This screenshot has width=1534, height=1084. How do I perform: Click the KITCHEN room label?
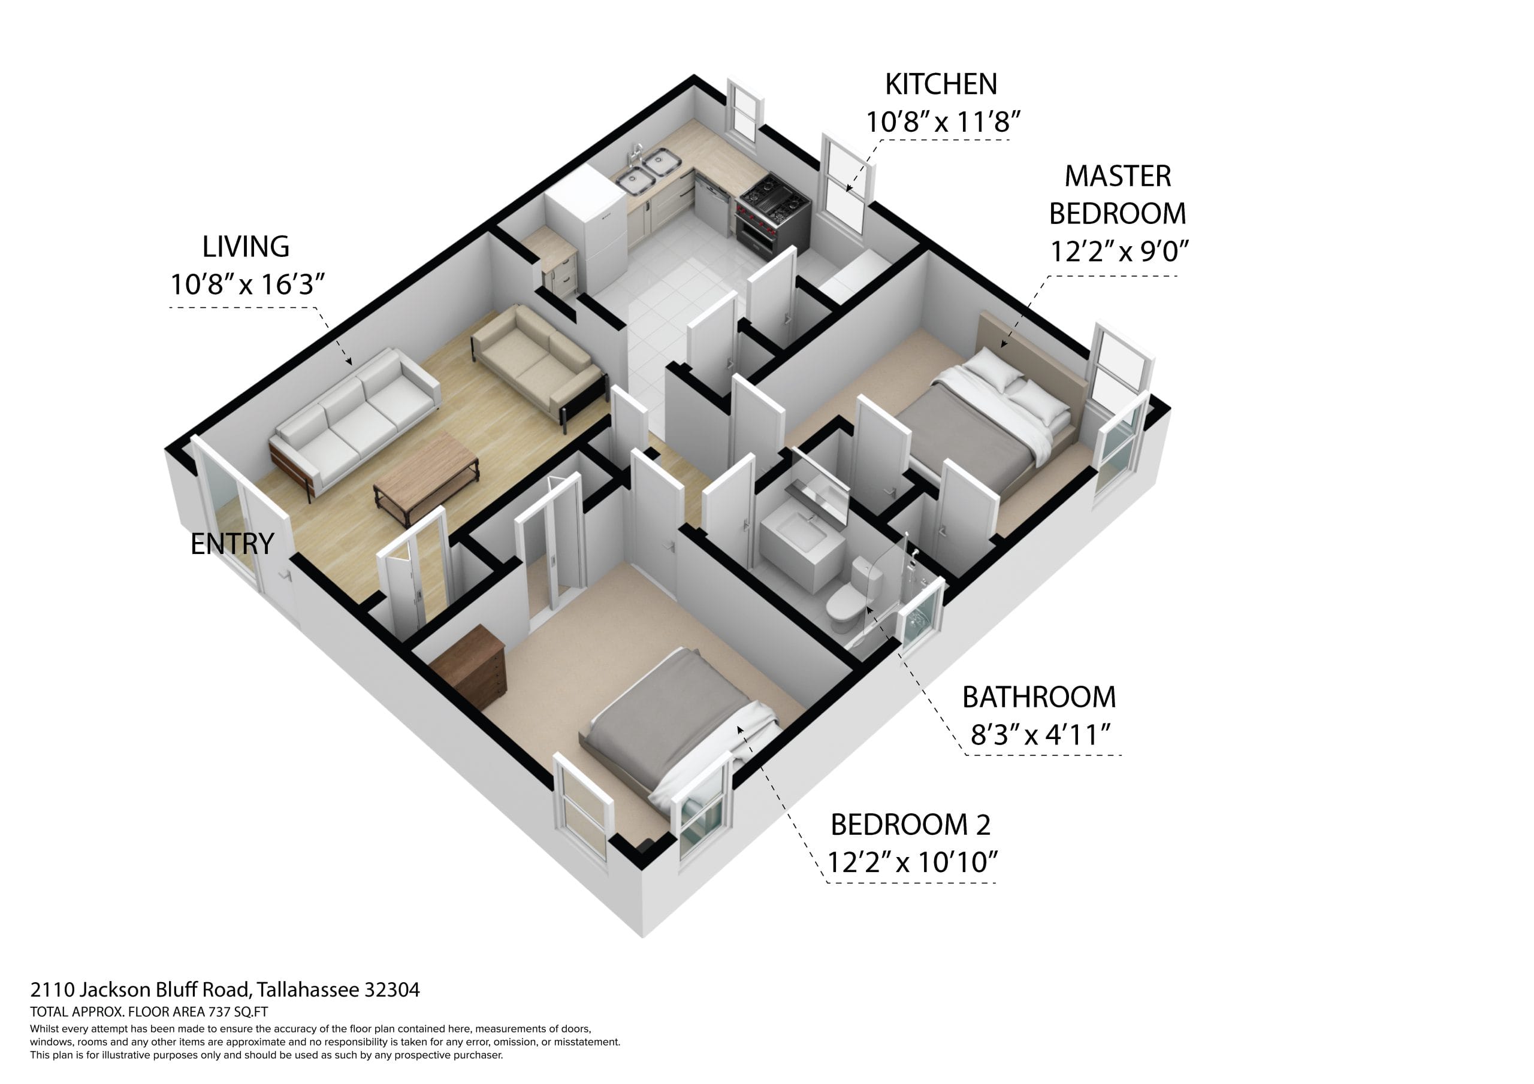click(941, 84)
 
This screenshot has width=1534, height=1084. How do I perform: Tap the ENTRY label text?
click(232, 544)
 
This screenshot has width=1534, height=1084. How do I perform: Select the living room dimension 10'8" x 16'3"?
click(247, 284)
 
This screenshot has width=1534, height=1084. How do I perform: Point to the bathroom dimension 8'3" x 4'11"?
click(1040, 735)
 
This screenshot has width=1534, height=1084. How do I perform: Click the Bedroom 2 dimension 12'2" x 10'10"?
click(912, 862)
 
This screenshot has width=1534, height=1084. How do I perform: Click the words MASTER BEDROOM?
click(1117, 195)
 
